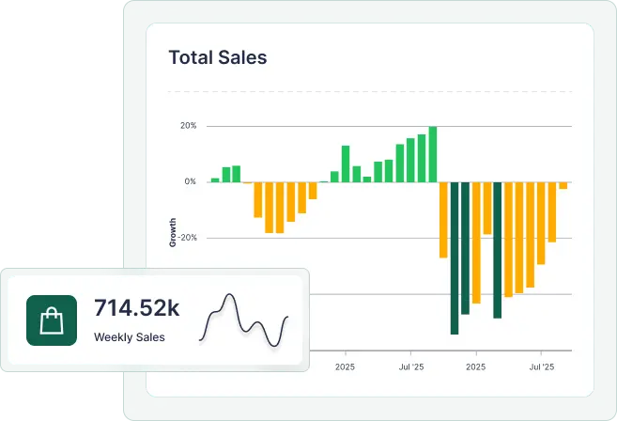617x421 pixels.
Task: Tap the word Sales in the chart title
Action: pyautogui.click(x=242, y=57)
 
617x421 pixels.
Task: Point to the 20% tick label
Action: pyautogui.click(x=188, y=126)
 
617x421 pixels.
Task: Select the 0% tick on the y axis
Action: pyautogui.click(x=190, y=181)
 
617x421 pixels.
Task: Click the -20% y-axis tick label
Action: pyautogui.click(x=188, y=238)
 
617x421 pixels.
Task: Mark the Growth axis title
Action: pyautogui.click(x=173, y=232)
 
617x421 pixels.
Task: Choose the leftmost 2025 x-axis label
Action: pyautogui.click(x=345, y=366)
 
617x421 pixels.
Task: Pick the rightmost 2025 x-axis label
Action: pyautogui.click(x=476, y=366)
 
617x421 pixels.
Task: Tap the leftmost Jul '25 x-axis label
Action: pyautogui.click(x=411, y=366)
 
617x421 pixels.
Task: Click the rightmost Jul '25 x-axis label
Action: pyautogui.click(x=542, y=366)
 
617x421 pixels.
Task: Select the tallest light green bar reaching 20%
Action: pyautogui.click(x=433, y=153)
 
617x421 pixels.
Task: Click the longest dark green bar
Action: pyautogui.click(x=455, y=257)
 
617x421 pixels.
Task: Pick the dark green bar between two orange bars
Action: pyautogui.click(x=498, y=249)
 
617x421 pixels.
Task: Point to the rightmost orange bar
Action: pyautogui.click(x=563, y=185)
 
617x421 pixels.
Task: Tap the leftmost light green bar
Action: pyautogui.click(x=215, y=179)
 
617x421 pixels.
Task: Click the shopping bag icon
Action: pyautogui.click(x=52, y=320)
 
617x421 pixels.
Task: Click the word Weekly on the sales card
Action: pyautogui.click(x=112, y=337)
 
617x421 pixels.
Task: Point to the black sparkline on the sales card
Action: pyautogui.click(x=245, y=320)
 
